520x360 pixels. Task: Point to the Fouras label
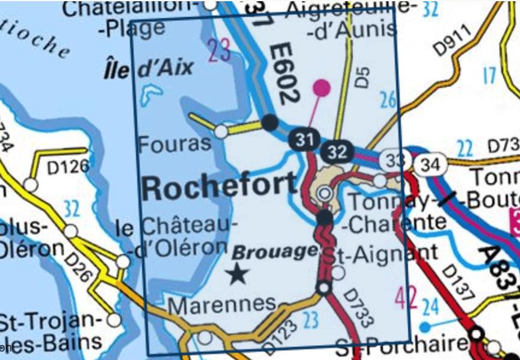(x=175, y=143)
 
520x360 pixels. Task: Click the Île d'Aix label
(x=148, y=67)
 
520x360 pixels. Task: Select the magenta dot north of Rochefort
(x=322, y=89)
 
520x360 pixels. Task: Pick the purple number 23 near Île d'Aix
(x=218, y=51)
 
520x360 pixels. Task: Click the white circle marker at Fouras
(x=221, y=131)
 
